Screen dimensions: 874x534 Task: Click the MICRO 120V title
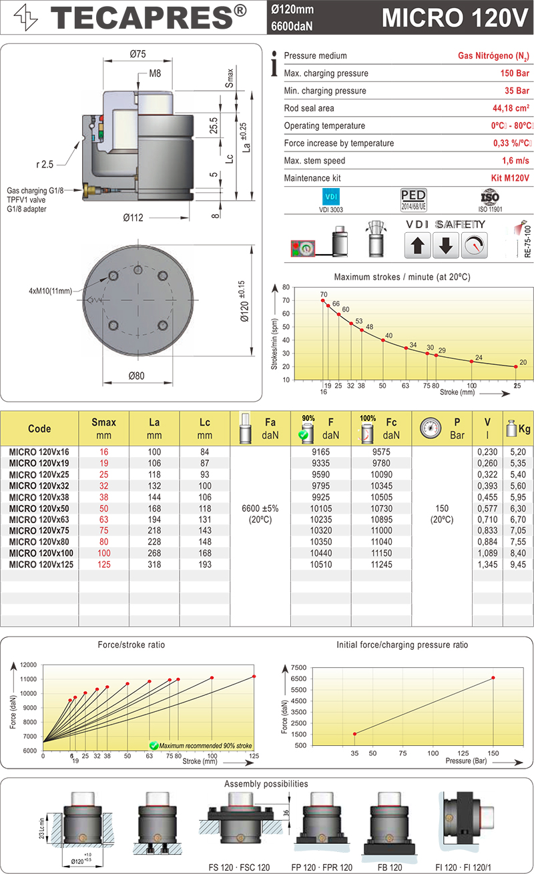[x=454, y=18]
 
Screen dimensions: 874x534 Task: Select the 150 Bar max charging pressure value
[x=515, y=73]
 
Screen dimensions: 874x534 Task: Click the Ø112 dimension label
[x=134, y=217]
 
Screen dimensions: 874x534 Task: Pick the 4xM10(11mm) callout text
[x=51, y=291]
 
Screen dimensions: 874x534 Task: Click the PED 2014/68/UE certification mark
[x=413, y=198]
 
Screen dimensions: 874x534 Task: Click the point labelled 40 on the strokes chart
[x=383, y=340]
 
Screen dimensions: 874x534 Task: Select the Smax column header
[x=103, y=428]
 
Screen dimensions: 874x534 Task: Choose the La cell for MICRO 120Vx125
[x=154, y=565]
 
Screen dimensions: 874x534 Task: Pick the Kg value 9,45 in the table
[x=519, y=565]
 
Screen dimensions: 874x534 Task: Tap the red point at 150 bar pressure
[x=493, y=678]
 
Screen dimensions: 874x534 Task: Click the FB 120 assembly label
[x=389, y=867]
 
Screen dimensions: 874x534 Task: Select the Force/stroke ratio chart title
[x=131, y=645]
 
